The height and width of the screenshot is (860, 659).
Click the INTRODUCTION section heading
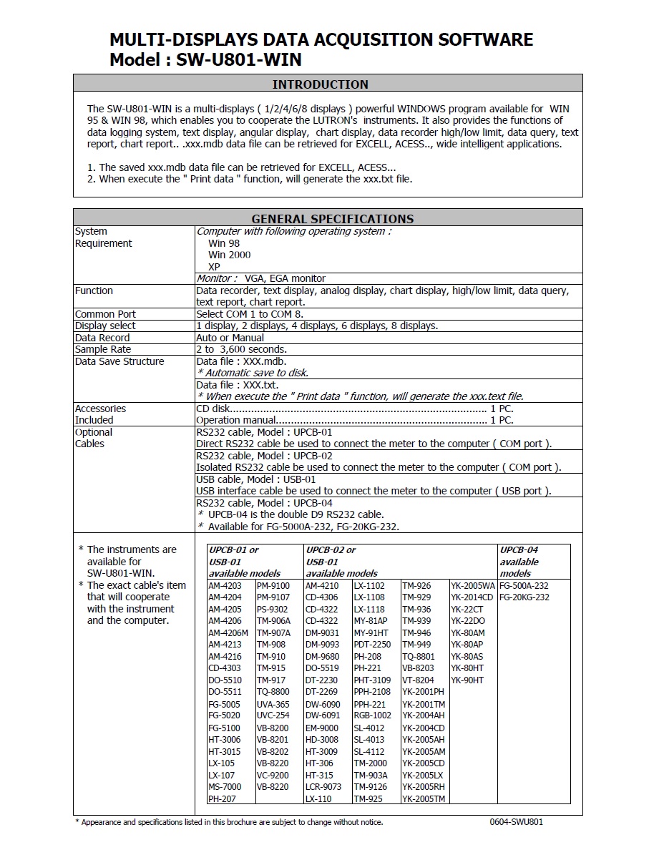coord(321,84)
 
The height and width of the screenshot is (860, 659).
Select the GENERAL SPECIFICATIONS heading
coord(332,219)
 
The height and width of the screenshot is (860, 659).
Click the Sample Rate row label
coord(103,349)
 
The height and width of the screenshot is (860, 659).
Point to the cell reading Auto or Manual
coord(230,338)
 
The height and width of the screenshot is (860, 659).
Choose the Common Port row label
coord(105,314)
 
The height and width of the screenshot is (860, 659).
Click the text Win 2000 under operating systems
coord(229,255)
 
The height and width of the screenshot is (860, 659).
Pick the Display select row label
coord(105,326)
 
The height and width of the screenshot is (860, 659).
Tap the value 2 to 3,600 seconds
coord(241,349)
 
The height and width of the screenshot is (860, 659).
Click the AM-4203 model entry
coord(225,585)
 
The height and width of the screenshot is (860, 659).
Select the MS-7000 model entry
coord(225,786)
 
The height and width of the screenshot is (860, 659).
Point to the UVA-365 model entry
coord(273,704)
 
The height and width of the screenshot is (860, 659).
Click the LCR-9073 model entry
coord(323,786)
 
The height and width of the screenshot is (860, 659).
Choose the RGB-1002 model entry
coord(373,715)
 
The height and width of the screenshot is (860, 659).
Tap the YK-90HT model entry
coord(468,680)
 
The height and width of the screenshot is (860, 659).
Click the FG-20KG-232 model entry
coord(524,597)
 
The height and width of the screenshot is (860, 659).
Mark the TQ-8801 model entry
coord(419,656)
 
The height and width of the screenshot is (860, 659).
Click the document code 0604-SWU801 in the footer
coord(517,822)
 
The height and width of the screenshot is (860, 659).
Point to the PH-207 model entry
coord(222,798)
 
